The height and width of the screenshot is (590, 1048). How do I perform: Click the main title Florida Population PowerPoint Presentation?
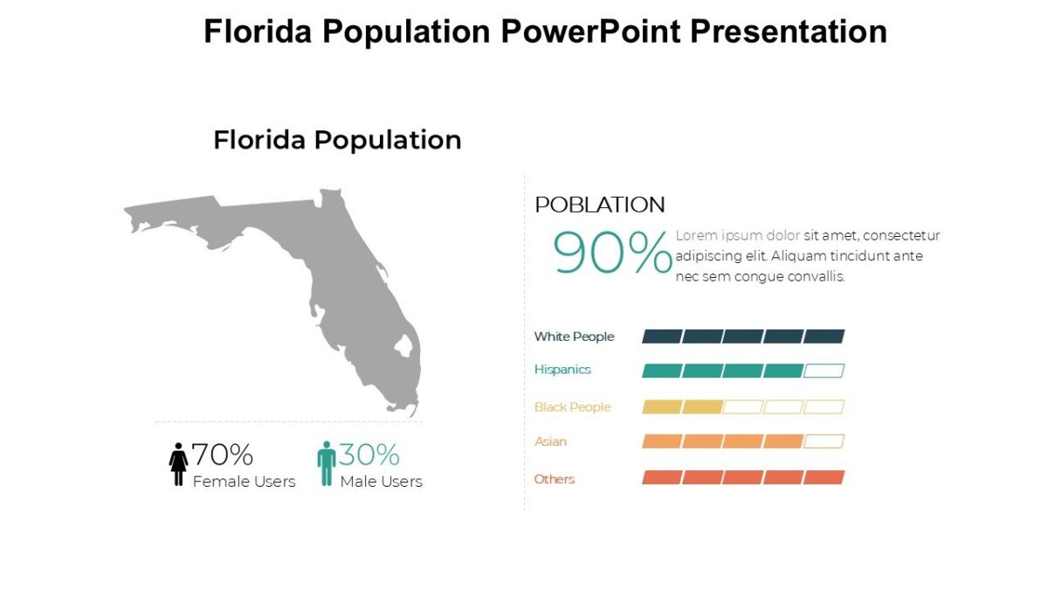pos(545,31)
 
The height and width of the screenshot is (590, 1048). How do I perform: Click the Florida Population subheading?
pos(337,140)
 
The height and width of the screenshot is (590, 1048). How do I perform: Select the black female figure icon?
pos(178,464)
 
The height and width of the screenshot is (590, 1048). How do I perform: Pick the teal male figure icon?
pos(327,463)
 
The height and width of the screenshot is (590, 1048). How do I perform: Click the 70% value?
pos(222,455)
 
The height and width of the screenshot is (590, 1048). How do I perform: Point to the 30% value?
pos(369,455)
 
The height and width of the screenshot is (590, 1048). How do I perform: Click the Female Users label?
pos(244,482)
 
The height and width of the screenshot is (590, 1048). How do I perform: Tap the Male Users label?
pos(381,482)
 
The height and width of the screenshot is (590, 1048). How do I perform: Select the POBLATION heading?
pos(599,205)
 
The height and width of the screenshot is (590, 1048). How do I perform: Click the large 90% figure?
pos(612,253)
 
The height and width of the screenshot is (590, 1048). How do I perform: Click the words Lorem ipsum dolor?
pos(737,235)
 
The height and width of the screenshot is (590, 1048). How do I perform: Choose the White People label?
pos(574,337)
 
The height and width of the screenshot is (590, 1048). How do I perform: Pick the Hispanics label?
pos(562,370)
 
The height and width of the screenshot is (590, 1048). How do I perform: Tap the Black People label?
pos(572,407)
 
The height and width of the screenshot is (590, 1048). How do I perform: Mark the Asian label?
pos(550,441)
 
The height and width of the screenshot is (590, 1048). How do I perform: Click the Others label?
pos(555,479)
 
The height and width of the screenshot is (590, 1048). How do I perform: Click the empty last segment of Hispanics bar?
pos(824,371)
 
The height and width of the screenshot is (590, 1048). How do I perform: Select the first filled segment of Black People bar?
pos(661,407)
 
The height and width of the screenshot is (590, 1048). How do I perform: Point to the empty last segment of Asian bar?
pos(824,441)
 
